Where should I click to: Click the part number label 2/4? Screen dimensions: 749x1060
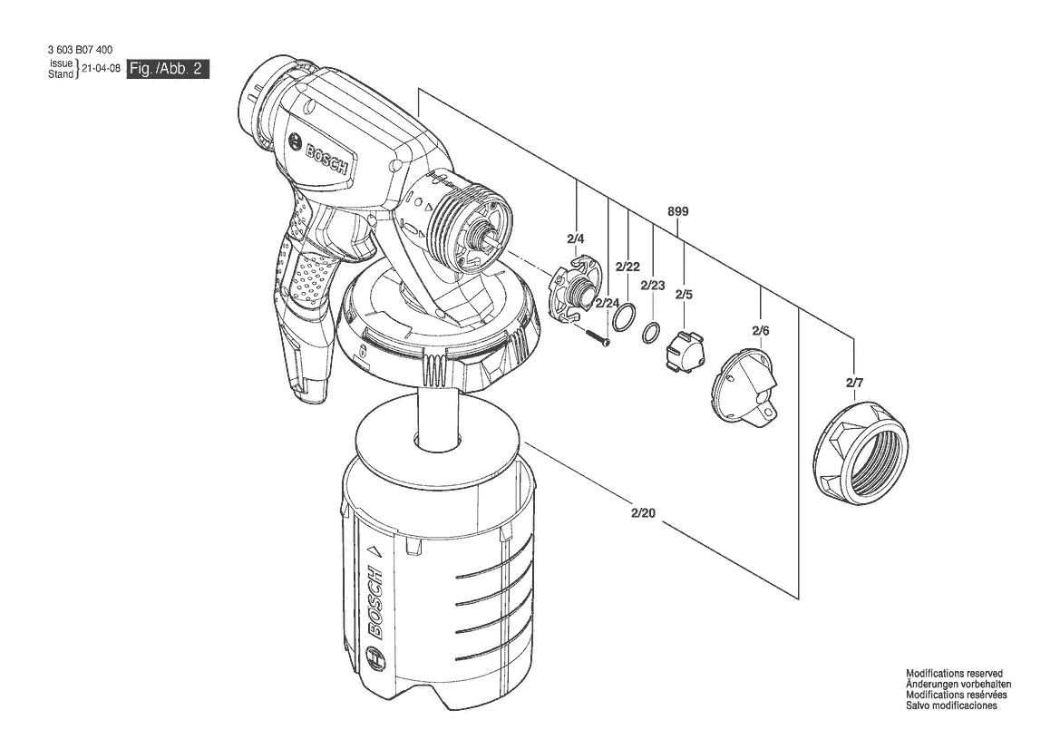(x=576, y=238)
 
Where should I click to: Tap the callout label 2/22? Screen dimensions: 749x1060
(x=627, y=267)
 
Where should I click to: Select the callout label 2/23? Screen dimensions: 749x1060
(x=653, y=285)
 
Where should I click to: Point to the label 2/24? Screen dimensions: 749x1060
(x=608, y=303)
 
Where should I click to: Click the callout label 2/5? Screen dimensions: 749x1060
(x=684, y=294)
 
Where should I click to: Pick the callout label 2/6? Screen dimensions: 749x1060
(x=760, y=331)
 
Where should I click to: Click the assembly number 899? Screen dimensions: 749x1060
(x=678, y=211)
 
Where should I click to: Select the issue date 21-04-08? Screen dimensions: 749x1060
(x=101, y=69)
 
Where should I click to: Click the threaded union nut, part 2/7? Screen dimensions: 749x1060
(x=864, y=451)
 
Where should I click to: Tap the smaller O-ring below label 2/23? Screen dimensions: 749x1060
(x=650, y=335)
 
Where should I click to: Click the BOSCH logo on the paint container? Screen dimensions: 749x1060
(x=375, y=603)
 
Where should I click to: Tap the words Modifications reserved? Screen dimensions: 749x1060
(x=954, y=674)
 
